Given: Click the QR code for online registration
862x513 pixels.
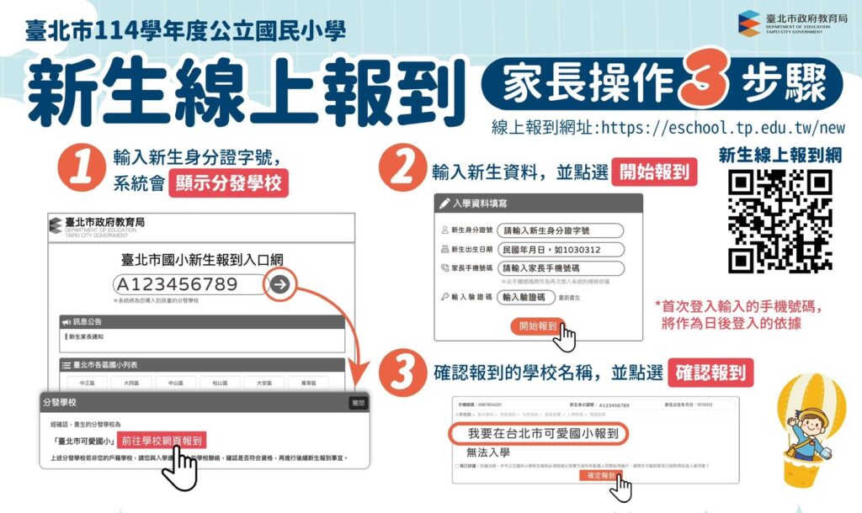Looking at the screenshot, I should tap(780, 221).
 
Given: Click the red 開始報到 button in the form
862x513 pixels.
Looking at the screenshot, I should tap(537, 325).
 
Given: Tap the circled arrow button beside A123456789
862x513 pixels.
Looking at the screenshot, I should tap(280, 284).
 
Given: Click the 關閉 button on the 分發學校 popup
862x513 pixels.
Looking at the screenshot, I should tap(359, 403).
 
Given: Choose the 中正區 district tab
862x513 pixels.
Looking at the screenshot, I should tap(87, 383).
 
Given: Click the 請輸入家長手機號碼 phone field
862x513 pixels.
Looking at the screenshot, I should tap(561, 269).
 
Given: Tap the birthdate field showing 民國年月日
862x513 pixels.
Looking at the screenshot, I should tap(561, 250).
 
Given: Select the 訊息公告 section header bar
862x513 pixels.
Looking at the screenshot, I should tap(201, 322).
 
